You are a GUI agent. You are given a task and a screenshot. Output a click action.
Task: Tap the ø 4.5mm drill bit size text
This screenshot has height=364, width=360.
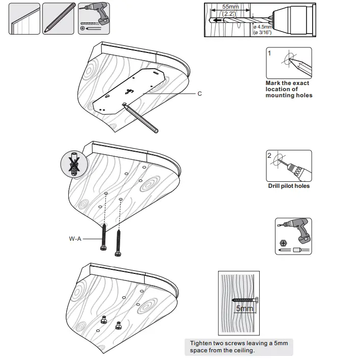coord(263,26)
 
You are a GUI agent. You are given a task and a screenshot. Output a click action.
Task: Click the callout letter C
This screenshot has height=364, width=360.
coord(200,94)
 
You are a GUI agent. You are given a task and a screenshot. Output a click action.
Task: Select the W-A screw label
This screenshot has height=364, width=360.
coord(75,238)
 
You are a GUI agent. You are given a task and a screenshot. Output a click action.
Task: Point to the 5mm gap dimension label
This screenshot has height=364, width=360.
coord(244,309)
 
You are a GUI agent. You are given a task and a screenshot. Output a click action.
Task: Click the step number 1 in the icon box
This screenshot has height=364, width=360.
coord(270,53)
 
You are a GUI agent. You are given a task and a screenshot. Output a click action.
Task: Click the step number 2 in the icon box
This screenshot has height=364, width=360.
coord(270,156)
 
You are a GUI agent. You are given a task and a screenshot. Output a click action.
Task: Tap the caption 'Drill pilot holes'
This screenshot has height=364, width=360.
coord(289,186)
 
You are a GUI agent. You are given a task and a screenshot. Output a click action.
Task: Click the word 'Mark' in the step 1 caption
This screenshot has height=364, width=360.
coord(274,83)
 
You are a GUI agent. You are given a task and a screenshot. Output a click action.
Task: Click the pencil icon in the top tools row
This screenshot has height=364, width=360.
coord(57,18)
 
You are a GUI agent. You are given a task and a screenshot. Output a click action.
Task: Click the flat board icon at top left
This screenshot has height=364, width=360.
coord(24,19)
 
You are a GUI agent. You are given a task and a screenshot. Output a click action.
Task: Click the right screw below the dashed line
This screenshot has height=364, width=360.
coord(120,243)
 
